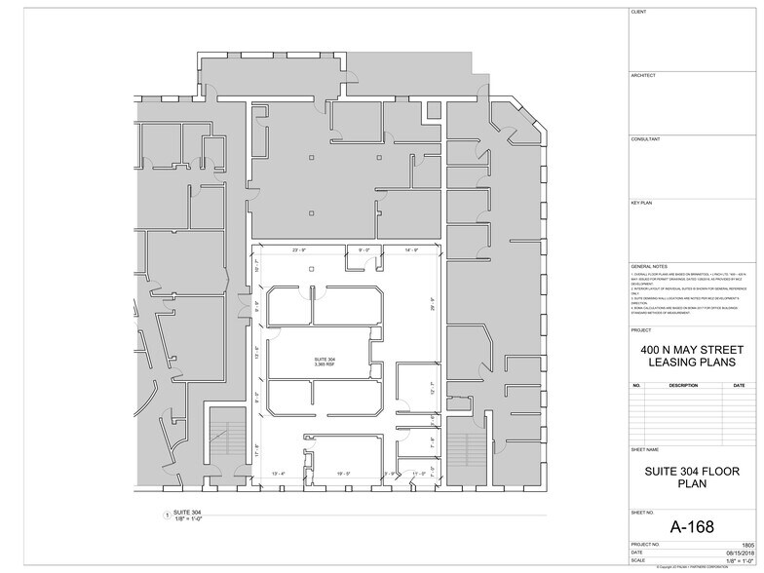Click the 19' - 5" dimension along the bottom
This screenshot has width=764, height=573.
point(343,473)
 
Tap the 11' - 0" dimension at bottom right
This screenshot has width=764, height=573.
point(419,473)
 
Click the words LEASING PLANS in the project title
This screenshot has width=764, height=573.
point(691,363)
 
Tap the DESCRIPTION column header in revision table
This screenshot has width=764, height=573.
point(683,385)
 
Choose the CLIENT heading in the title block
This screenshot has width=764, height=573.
point(639,12)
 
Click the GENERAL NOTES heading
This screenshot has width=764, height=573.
point(649,266)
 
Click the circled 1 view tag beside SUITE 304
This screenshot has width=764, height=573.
point(167,514)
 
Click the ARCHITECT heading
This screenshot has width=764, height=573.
point(643,75)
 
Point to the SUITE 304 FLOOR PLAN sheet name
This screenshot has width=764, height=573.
point(691,475)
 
